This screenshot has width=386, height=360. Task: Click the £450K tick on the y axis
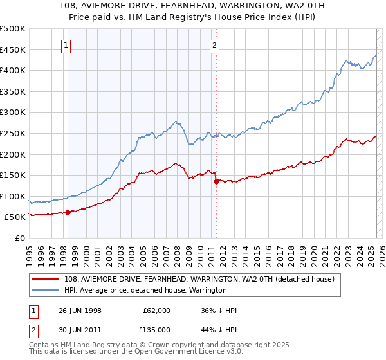(13, 50)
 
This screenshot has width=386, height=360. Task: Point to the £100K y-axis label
(13, 196)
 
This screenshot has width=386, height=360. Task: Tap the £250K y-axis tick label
(13, 133)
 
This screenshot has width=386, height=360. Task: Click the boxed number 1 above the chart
(68, 45)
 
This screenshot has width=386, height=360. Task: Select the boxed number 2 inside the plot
(214, 45)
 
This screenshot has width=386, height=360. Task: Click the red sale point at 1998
(68, 212)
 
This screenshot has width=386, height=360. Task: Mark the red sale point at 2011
(216, 181)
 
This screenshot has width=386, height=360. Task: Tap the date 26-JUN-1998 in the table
(80, 310)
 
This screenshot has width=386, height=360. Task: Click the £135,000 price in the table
(157, 330)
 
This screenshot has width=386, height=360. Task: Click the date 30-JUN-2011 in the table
(80, 330)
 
